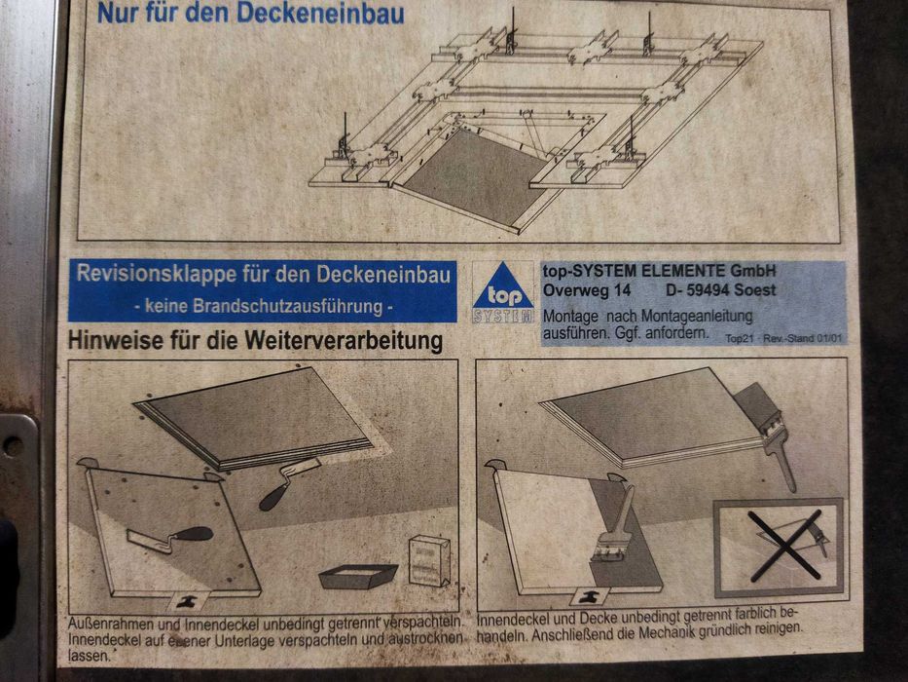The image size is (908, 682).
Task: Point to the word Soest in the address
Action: (x=756, y=290)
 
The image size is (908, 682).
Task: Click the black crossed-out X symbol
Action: (x=785, y=546)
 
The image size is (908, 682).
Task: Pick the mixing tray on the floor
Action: (x=357, y=576)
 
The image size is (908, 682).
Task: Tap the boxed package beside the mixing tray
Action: (x=429, y=560)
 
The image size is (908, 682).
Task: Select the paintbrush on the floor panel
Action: (x=614, y=525)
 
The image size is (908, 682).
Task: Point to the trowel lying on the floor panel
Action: (x=169, y=538)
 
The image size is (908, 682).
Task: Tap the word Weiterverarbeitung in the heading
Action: (x=344, y=341)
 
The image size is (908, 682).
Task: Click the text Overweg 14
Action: (x=586, y=290)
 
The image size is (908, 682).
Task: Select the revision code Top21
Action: (x=740, y=338)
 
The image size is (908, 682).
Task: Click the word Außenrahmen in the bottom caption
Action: (x=111, y=625)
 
